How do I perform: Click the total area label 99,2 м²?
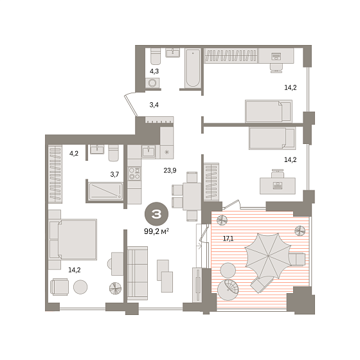click(157, 231)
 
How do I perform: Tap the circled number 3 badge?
click(156, 214)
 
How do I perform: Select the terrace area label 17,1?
click(228, 239)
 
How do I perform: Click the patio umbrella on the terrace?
click(268, 256)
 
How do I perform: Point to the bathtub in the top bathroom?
click(193, 68)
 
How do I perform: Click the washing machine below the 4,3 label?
click(152, 83)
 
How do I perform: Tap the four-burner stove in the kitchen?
click(134, 173)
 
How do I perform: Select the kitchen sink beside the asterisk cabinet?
click(148, 152)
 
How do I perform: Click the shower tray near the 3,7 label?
click(105, 191)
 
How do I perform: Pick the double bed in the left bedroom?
click(73, 239)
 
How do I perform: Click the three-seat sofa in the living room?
click(138, 273)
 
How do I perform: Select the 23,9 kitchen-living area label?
click(170, 170)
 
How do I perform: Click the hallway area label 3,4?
click(154, 105)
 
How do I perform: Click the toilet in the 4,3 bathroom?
click(156, 57)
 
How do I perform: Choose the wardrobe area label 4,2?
click(74, 154)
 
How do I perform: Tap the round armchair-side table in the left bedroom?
click(80, 287)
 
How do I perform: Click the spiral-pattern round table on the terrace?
click(228, 290)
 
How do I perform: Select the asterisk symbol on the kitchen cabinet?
click(167, 152)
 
